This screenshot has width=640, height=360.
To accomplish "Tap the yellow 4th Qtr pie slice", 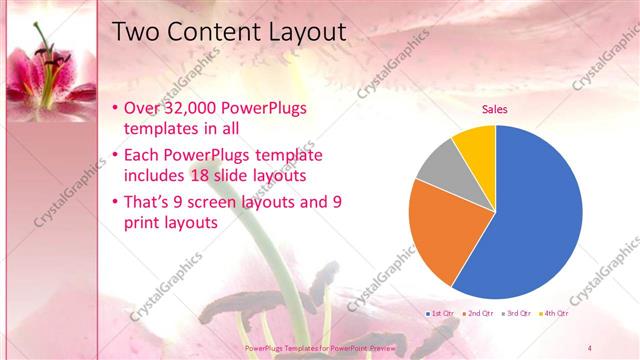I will [x=476, y=144].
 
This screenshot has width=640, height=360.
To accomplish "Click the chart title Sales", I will [x=495, y=109].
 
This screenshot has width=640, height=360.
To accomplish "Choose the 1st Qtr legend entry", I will [x=441, y=313].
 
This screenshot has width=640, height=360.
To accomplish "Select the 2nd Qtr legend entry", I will [x=479, y=313].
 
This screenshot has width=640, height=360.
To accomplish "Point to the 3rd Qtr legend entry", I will [x=517, y=313].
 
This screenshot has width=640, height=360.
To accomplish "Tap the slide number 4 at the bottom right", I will [x=590, y=347].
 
